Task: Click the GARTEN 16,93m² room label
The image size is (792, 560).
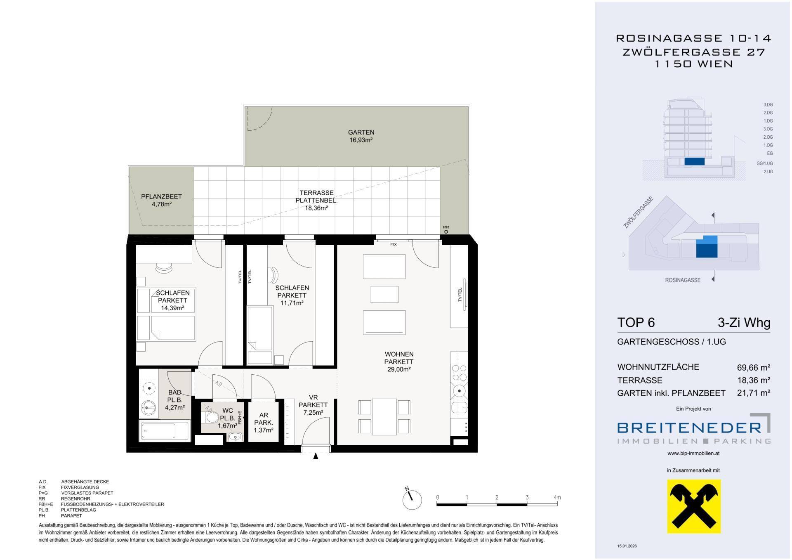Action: click(361, 136)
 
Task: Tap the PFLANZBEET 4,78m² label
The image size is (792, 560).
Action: click(161, 200)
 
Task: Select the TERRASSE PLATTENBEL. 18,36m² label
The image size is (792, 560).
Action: click(316, 201)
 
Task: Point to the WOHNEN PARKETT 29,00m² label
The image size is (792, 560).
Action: click(399, 362)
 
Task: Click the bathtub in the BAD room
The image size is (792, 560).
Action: click(165, 431)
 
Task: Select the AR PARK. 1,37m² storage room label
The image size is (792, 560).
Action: click(264, 423)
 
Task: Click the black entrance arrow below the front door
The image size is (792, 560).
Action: click(316, 456)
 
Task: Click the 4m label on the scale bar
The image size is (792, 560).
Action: click(557, 497)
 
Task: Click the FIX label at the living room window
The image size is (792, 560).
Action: click(394, 244)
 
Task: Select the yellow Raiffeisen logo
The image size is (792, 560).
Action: click(694, 506)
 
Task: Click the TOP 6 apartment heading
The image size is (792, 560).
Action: click(636, 322)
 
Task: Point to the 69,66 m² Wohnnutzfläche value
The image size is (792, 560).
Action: click(754, 367)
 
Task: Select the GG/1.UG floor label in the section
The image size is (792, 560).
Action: click(764, 163)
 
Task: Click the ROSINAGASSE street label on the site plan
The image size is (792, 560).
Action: click(683, 280)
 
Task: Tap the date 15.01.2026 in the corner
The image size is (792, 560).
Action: click(627, 546)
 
